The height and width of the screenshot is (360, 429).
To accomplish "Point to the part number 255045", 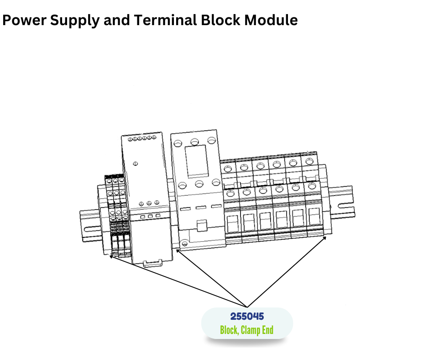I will pos(247,317).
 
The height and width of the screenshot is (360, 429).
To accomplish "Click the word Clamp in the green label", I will pos(251,330).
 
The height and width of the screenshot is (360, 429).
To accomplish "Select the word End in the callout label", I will pos(267,330).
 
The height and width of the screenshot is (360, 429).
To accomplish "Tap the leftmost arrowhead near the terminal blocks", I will pos(111,256).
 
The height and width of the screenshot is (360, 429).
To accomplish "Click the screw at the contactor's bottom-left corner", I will pos(184,244).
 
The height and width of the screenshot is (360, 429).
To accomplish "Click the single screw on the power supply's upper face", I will pos(136,163).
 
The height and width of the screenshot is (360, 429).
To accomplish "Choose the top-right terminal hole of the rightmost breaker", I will pos(310,161).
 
